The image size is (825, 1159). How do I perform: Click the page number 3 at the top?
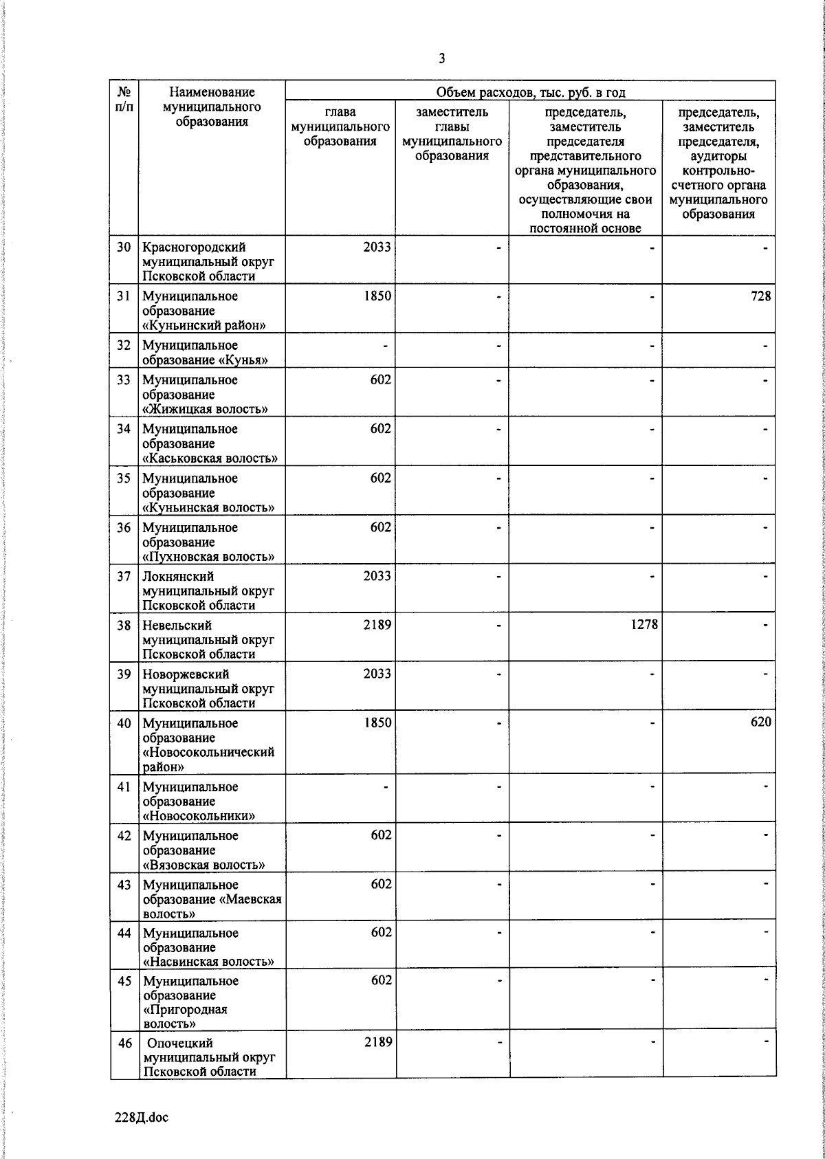pos(441,59)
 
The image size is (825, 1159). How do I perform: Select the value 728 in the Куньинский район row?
pos(760,296)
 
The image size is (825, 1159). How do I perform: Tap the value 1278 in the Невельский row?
pos(643,625)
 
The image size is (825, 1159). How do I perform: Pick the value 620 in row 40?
pos(760,722)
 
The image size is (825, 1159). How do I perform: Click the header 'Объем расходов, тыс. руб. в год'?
pos(530,92)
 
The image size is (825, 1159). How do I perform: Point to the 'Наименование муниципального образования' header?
pos(212,107)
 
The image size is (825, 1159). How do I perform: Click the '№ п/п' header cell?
pos(124,100)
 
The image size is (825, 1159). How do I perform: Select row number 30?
pos(124,247)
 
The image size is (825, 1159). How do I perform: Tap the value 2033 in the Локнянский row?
pos(377,576)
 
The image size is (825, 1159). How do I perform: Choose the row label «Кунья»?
pos(205,353)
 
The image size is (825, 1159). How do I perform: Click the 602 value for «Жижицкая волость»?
pos(381,380)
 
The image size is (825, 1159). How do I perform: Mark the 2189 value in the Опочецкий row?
pos(377,1042)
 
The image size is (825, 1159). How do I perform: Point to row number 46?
pos(124,1043)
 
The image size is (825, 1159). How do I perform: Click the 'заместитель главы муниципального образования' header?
pos(452,134)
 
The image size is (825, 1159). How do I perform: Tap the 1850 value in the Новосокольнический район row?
pos(377,722)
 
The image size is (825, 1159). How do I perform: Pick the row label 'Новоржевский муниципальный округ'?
pos(208,688)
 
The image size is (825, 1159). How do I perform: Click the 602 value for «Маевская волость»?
pos(381,884)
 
